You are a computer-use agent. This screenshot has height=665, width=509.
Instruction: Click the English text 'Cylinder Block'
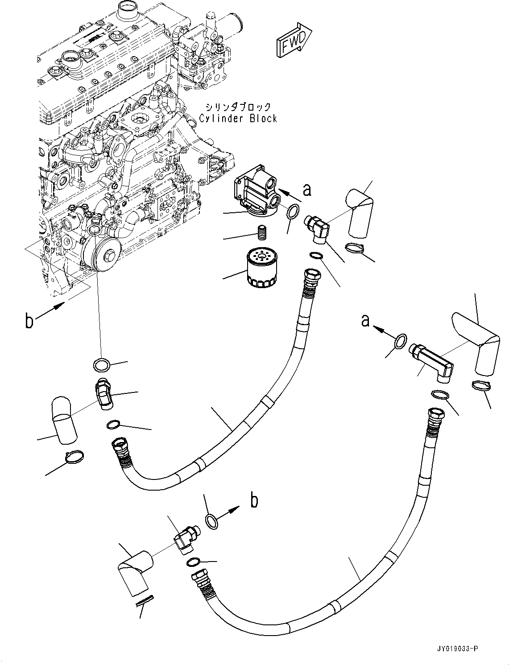[x=238, y=119]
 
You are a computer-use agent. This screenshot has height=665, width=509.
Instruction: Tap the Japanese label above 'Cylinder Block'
[x=238, y=107]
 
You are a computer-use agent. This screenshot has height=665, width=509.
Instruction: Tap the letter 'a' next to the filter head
[x=306, y=190]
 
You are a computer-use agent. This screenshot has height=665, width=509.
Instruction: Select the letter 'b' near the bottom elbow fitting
[x=254, y=501]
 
